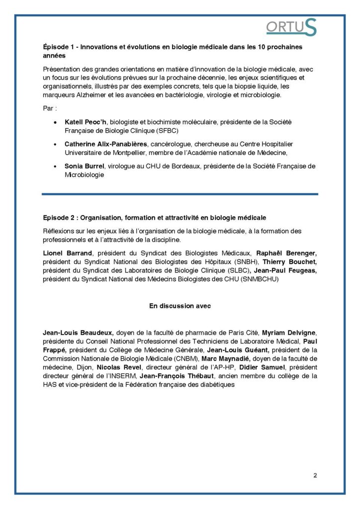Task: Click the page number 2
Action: coord(315,475)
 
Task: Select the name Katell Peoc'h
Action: coord(84,121)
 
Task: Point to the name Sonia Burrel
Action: coord(86,166)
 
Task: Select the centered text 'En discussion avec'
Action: coord(180,306)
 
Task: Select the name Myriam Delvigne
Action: coord(288,332)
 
